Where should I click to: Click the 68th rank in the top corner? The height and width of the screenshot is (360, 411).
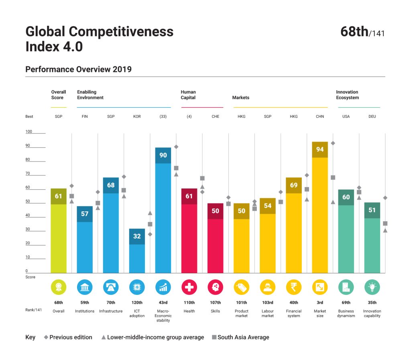point(354,32)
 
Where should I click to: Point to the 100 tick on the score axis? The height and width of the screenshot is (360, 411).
point(29,132)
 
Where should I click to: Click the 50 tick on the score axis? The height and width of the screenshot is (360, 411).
point(28,201)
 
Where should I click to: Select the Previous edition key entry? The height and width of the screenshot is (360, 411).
point(68,337)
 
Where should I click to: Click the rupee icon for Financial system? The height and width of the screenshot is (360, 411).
point(294,287)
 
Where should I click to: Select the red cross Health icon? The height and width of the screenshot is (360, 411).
point(189,287)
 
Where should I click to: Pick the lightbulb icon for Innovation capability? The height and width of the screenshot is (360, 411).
point(372,287)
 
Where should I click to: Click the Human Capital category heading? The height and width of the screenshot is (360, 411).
point(188,95)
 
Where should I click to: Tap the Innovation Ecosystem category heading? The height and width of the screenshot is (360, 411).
point(347,95)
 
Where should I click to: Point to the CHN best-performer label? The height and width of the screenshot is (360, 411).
point(320,117)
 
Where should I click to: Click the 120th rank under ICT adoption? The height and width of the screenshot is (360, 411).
point(137,303)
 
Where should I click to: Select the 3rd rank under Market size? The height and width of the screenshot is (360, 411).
point(320,303)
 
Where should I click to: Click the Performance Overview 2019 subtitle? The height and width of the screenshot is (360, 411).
point(78,69)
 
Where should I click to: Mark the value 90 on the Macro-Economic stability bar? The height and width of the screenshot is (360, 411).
point(163,155)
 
